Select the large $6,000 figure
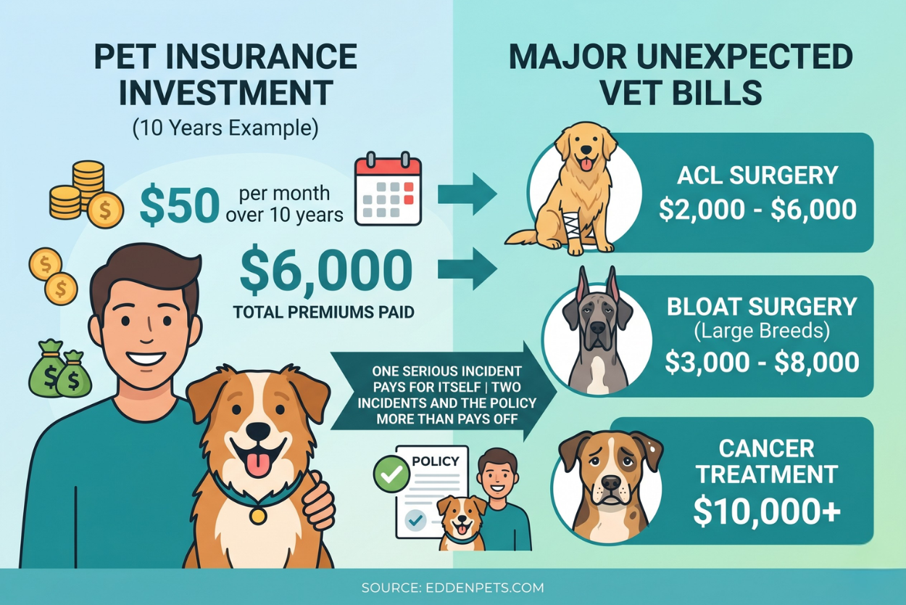[326, 271]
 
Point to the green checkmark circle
[391, 474]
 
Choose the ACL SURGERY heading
[757, 176]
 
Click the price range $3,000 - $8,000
[762, 363]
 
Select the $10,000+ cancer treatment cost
[767, 512]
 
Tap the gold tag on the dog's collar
[256, 516]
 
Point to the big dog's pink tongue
[258, 463]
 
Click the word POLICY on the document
[435, 461]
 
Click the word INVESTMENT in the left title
[225, 93]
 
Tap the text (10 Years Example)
[225, 129]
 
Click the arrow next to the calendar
[467, 194]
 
